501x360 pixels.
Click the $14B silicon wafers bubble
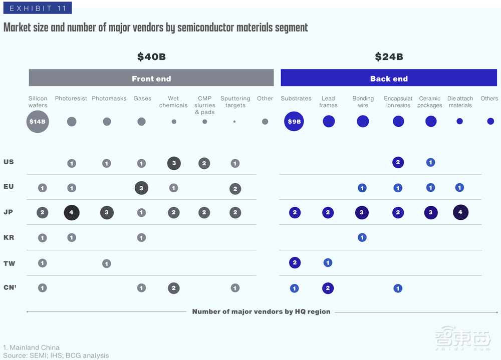pyautogui.click(x=38, y=122)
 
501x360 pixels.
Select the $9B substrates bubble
pyautogui.click(x=294, y=121)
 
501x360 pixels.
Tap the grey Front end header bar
pyautogui.click(x=151, y=78)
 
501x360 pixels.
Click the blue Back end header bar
pyautogui.click(x=389, y=78)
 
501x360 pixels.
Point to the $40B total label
pyautogui.click(x=151, y=57)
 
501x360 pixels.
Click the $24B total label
pyautogui.click(x=389, y=57)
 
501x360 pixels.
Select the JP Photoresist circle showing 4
pyautogui.click(x=72, y=213)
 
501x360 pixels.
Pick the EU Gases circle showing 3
pyautogui.click(x=141, y=188)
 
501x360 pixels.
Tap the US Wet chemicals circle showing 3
pyautogui.click(x=174, y=163)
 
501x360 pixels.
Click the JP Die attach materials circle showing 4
pyautogui.click(x=460, y=212)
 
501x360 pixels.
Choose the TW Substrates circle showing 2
pyautogui.click(x=295, y=262)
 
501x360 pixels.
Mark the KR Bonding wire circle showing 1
pyautogui.click(x=362, y=237)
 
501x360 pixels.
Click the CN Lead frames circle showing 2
pyautogui.click(x=328, y=288)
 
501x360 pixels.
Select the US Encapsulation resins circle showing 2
pyautogui.click(x=398, y=162)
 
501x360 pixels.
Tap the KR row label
pyautogui.click(x=9, y=237)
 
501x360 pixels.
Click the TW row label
pyautogui.click(x=9, y=263)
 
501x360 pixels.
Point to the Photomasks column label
pyautogui.click(x=109, y=99)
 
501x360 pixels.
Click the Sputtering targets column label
pyautogui.click(x=235, y=102)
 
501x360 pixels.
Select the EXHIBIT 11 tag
pyautogui.click(x=37, y=8)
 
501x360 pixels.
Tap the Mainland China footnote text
pyautogui.click(x=31, y=347)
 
